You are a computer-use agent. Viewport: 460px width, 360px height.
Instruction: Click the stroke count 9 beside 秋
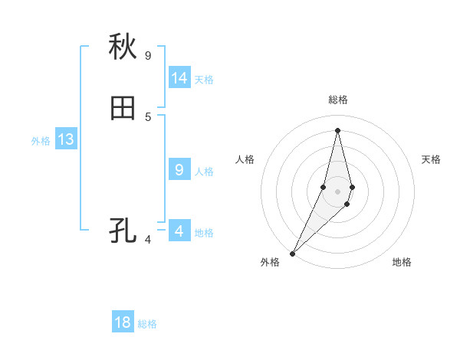click(x=148, y=55)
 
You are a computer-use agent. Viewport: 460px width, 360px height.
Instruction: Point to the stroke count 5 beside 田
click(x=148, y=116)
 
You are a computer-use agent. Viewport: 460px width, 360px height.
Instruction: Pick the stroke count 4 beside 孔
click(x=148, y=240)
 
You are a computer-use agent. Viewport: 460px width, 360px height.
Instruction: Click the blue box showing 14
click(x=179, y=78)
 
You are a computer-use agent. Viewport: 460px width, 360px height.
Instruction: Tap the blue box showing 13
click(x=65, y=139)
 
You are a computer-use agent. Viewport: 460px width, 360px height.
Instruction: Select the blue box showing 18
click(x=123, y=322)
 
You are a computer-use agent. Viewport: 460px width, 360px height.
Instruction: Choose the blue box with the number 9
click(x=179, y=170)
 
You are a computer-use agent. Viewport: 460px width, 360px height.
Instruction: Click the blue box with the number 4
click(x=179, y=231)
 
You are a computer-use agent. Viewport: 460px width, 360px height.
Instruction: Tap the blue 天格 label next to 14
click(x=204, y=80)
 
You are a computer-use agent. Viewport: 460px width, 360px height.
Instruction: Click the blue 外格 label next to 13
click(x=41, y=141)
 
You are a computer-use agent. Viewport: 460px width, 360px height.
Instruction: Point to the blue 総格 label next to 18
click(x=147, y=324)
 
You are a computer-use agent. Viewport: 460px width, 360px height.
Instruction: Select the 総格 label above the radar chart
click(x=337, y=100)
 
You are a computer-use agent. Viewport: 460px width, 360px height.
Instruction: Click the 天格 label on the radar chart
click(x=432, y=159)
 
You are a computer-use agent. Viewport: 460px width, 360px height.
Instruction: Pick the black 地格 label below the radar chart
click(x=402, y=263)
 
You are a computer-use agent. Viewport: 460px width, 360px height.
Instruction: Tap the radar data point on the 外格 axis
click(x=293, y=253)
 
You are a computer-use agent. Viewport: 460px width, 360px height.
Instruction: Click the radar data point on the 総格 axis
click(x=337, y=130)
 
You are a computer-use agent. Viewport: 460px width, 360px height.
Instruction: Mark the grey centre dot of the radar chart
click(x=337, y=191)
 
